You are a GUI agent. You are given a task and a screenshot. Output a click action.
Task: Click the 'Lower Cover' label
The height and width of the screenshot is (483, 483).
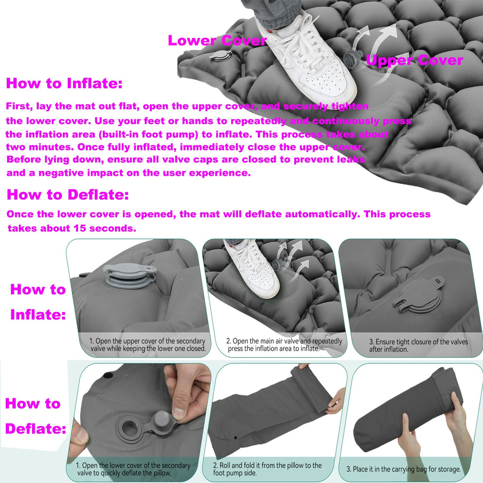[x=217, y=41]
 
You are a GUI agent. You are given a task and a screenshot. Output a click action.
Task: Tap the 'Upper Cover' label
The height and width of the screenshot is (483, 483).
[x=415, y=60]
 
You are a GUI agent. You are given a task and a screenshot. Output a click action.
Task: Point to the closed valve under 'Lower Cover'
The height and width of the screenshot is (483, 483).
[x=221, y=56]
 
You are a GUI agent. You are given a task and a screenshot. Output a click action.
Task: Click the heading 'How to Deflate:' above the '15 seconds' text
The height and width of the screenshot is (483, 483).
[x=68, y=194]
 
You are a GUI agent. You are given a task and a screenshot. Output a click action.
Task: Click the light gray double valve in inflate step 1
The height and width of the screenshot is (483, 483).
[x=130, y=275]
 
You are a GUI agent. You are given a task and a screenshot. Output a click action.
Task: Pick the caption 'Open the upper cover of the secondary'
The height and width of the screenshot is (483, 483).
[x=147, y=341]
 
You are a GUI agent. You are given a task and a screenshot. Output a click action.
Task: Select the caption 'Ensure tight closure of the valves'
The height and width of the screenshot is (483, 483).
[x=419, y=341]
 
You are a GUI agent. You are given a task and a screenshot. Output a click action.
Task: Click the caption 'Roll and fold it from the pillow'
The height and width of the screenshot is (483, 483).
[x=267, y=465]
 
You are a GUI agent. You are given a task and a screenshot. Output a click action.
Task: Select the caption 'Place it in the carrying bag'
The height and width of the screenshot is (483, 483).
[x=404, y=469]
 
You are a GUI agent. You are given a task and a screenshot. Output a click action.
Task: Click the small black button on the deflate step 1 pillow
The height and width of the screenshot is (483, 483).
[x=108, y=375]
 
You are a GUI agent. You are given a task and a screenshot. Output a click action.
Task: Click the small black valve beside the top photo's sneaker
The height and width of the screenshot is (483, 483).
[x=353, y=58]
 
